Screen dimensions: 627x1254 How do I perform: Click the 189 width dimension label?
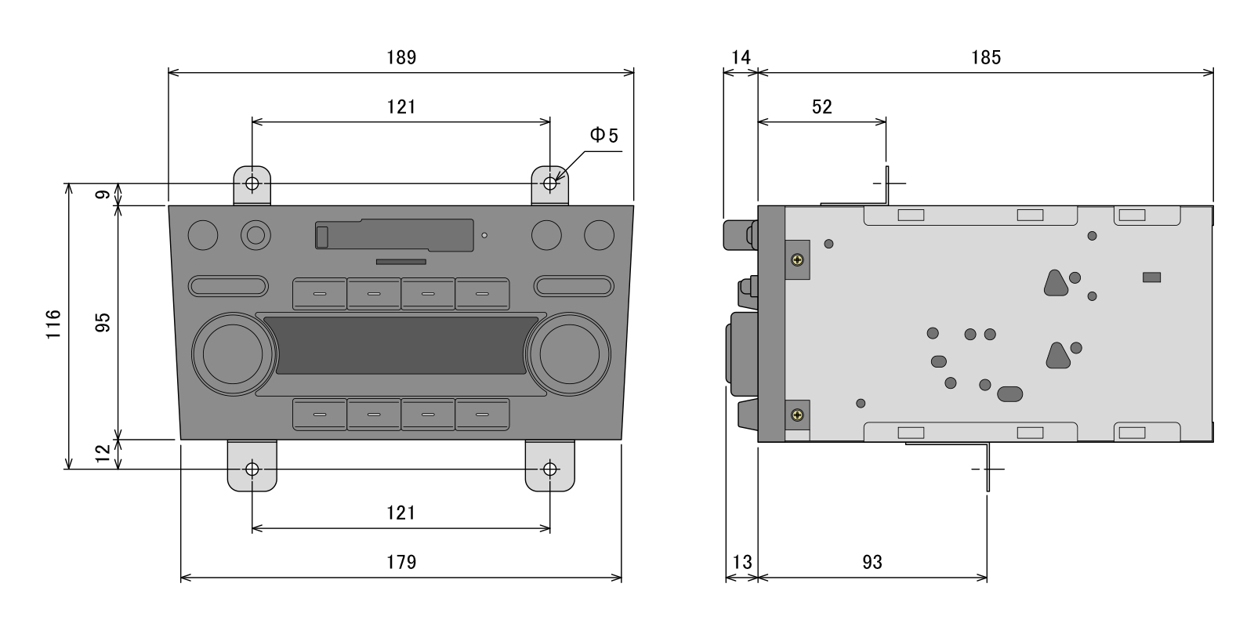[x=400, y=57]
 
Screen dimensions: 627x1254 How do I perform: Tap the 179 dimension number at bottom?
[x=400, y=562]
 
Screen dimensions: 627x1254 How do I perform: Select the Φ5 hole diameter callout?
[x=603, y=136]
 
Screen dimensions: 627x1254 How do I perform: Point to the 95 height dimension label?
[x=103, y=322]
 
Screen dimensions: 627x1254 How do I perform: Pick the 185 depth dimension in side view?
[x=985, y=57]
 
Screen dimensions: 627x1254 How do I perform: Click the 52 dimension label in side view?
[x=821, y=107]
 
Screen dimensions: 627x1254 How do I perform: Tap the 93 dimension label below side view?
[x=872, y=562]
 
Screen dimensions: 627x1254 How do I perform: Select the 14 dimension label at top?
[x=741, y=57]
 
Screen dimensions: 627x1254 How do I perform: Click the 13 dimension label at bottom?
[x=741, y=562]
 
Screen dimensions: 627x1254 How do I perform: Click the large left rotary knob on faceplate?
[x=233, y=353]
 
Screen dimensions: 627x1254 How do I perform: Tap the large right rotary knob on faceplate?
[x=567, y=353]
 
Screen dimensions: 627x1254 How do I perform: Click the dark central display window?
[x=400, y=346]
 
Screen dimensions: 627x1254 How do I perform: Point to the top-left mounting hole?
[x=252, y=184]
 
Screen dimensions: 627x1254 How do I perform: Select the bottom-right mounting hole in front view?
[x=550, y=469]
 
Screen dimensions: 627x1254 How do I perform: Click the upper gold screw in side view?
[x=797, y=259]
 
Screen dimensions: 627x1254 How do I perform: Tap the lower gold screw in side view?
[x=797, y=414]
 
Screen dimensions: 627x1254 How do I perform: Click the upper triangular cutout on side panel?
[x=1056, y=284]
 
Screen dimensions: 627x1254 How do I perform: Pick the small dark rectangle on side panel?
[x=1151, y=277]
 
